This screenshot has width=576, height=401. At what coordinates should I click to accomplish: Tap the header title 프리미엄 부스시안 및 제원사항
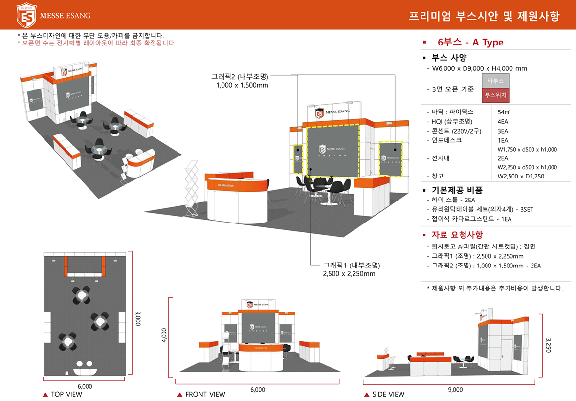pyautogui.click(x=484, y=16)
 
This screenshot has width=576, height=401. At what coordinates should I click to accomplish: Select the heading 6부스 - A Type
pyautogui.click(x=470, y=43)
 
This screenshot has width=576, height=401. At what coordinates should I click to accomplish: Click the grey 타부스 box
pyautogui.click(x=495, y=81)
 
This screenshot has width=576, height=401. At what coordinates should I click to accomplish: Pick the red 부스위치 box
pyautogui.click(x=495, y=95)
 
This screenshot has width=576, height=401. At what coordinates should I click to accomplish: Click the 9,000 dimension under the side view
pyautogui.click(x=455, y=390)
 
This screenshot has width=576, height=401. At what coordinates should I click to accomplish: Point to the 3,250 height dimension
pyautogui.click(x=548, y=343)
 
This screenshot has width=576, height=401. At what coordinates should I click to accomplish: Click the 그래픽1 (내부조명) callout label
pyautogui.click(x=352, y=265)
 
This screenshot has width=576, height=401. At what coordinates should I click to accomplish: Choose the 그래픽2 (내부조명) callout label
pyautogui.click(x=240, y=77)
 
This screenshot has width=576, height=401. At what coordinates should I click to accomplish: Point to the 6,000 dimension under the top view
pyautogui.click(x=85, y=386)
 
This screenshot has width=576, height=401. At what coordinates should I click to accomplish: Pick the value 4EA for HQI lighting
pyautogui.click(x=502, y=121)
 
